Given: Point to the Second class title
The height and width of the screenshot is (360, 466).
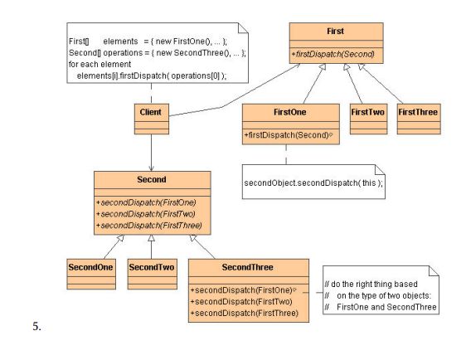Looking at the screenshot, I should [x=150, y=179].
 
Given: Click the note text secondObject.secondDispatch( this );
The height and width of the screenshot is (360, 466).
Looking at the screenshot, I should [x=313, y=182].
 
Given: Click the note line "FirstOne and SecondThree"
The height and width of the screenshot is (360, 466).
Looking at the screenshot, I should [x=386, y=307].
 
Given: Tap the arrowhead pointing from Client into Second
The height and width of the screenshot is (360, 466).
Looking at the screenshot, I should [x=150, y=167].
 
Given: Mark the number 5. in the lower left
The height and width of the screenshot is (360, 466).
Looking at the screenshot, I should [x=37, y=326].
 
